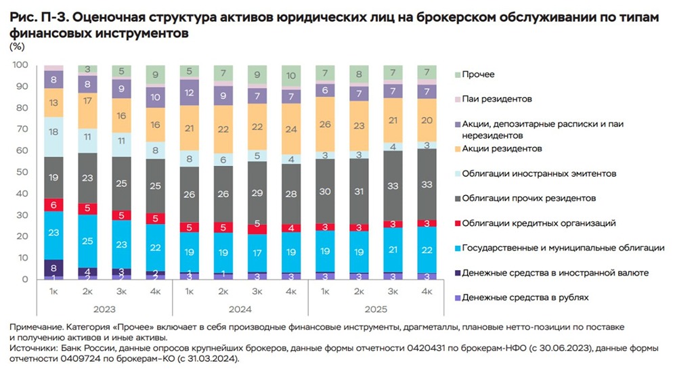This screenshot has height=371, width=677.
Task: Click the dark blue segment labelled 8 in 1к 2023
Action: click(53, 267)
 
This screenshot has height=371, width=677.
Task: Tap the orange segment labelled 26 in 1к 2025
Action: click(325, 125)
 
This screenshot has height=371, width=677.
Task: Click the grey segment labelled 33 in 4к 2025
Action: click(427, 183)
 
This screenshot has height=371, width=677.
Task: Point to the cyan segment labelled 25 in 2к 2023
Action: click(87, 241)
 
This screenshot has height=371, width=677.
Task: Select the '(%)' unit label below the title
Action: click(18, 46)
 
